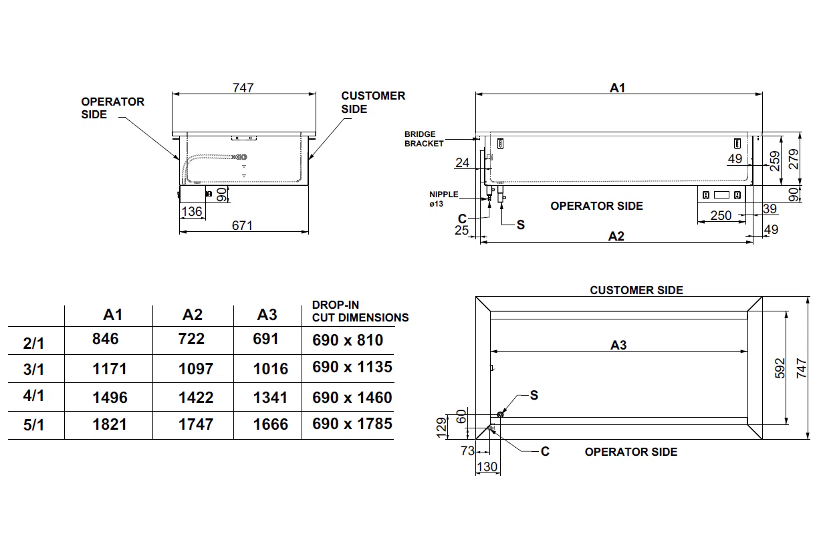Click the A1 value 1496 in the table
pyautogui.click(x=110, y=398)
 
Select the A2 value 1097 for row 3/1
pyautogui.click(x=196, y=369)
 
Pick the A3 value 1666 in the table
pyautogui.click(x=271, y=424)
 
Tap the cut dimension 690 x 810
pyautogui.click(x=348, y=340)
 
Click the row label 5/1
pyautogui.click(x=33, y=425)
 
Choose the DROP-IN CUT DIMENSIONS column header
pyautogui.click(x=360, y=311)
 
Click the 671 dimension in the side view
pyautogui.click(x=242, y=226)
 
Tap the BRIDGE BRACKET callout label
pyautogui.click(x=424, y=139)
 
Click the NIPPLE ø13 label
pyautogui.click(x=443, y=198)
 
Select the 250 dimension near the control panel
pyautogui.click(x=721, y=216)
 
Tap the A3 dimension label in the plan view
pyautogui.click(x=618, y=345)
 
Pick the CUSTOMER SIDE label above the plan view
pyautogui.click(x=636, y=290)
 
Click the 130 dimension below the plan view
pyautogui.click(x=487, y=467)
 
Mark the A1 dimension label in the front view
pyautogui.click(x=617, y=88)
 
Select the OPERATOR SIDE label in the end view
pyautogui.click(x=112, y=108)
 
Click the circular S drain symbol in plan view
pyautogui.click(x=500, y=415)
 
